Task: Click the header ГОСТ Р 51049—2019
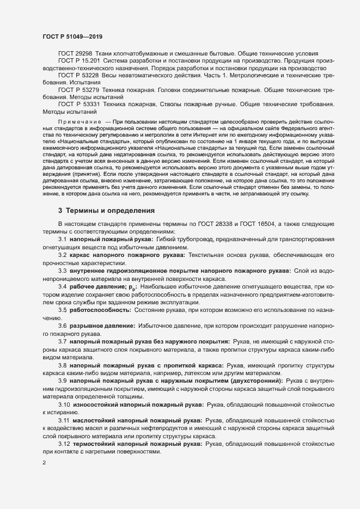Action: (x=71, y=36)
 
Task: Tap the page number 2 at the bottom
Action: (x=44, y=463)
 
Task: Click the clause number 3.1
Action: (x=63, y=240)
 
